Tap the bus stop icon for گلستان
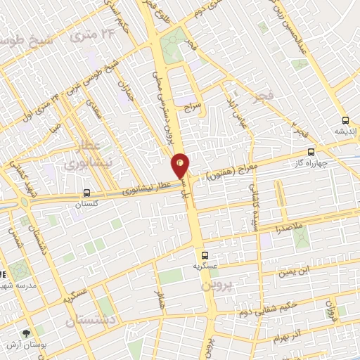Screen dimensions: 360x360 [86, 193]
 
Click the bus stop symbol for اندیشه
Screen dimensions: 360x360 [345, 120]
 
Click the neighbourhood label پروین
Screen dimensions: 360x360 [216, 285]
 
